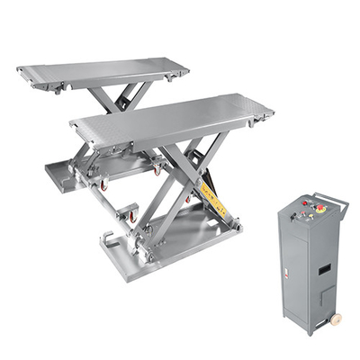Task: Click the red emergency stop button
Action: [x=321, y=209]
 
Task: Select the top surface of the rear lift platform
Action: [x=103, y=71]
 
